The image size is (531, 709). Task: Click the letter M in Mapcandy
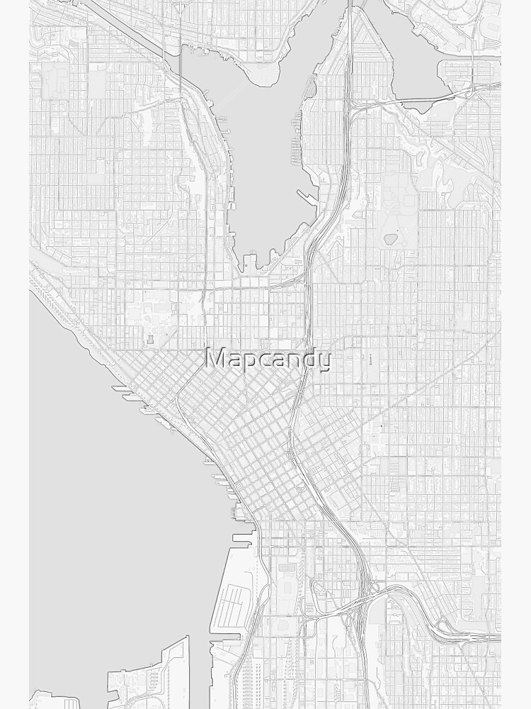pyautogui.click(x=215, y=359)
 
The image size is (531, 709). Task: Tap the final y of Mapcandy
pyautogui.click(x=324, y=362)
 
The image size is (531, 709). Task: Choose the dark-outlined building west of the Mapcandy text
pyautogui.click(x=152, y=341)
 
